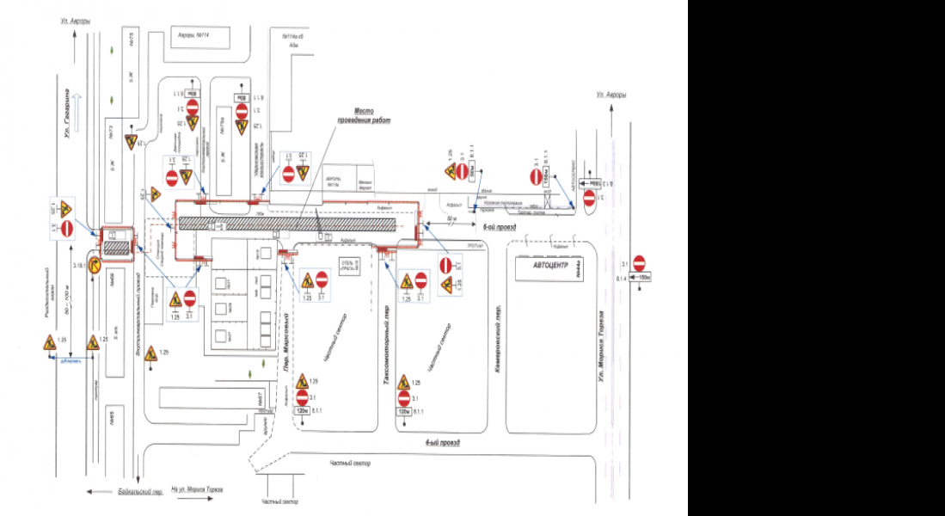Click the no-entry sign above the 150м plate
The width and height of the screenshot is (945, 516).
pyautogui.click(x=639, y=263)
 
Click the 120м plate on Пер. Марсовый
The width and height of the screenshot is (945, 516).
pyautogui.click(x=302, y=411)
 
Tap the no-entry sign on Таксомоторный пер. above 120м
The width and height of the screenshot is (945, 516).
pyautogui.click(x=403, y=398)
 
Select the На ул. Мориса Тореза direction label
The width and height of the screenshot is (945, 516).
pyautogui.click(x=197, y=489)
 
